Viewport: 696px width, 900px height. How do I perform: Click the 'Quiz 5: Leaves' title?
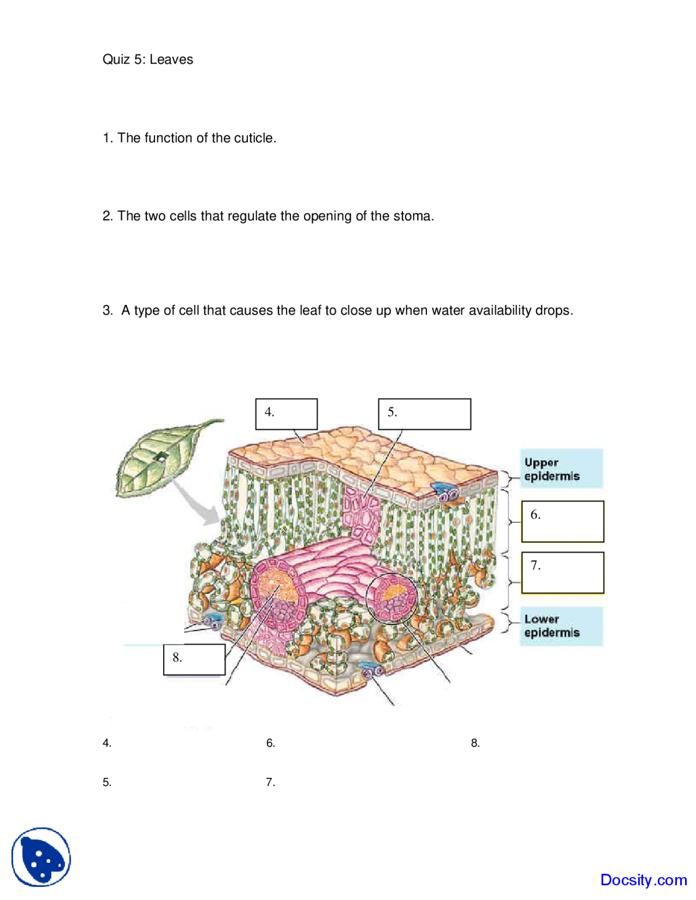coord(147,59)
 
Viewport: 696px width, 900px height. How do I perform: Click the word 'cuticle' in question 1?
coord(253,138)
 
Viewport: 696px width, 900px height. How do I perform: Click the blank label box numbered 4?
coord(287,414)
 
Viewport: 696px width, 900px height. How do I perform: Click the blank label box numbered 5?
coord(424,414)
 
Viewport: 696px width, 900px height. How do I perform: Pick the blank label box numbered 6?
coord(562,521)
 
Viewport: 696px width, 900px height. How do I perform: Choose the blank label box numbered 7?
coord(562,572)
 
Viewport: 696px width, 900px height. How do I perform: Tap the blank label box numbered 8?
coord(194,659)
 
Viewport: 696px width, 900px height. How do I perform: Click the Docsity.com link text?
coord(643,879)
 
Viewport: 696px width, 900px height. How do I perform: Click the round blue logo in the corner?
coord(41,857)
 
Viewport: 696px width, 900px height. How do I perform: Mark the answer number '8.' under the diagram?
coord(475,743)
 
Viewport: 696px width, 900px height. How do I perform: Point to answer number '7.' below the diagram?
coord(270,782)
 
